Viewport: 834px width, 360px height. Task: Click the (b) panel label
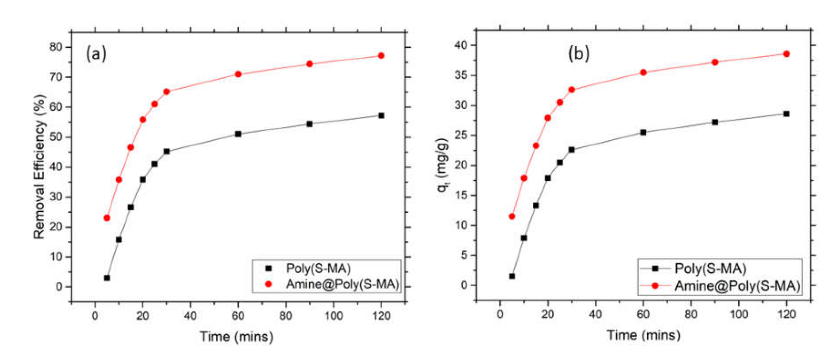578,53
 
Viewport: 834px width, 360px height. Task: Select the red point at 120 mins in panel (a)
381,56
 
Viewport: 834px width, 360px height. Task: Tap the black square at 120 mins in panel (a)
381,116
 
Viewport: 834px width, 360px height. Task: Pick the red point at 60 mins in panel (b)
643,72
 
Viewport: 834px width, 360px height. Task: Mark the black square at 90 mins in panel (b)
715,122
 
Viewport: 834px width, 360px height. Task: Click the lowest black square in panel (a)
107,278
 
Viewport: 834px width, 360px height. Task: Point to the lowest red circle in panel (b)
512,216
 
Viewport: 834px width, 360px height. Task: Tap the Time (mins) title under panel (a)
236,337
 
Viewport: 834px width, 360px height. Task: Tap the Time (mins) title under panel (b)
643,335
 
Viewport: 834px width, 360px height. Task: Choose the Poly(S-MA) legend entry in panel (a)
318,268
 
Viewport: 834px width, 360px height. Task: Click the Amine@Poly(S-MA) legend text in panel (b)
737,286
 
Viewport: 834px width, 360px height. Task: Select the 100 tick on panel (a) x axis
333,316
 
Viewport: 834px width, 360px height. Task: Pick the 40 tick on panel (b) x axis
595,315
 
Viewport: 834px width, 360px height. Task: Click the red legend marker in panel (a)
269,284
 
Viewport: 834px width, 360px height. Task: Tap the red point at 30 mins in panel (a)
166,92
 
